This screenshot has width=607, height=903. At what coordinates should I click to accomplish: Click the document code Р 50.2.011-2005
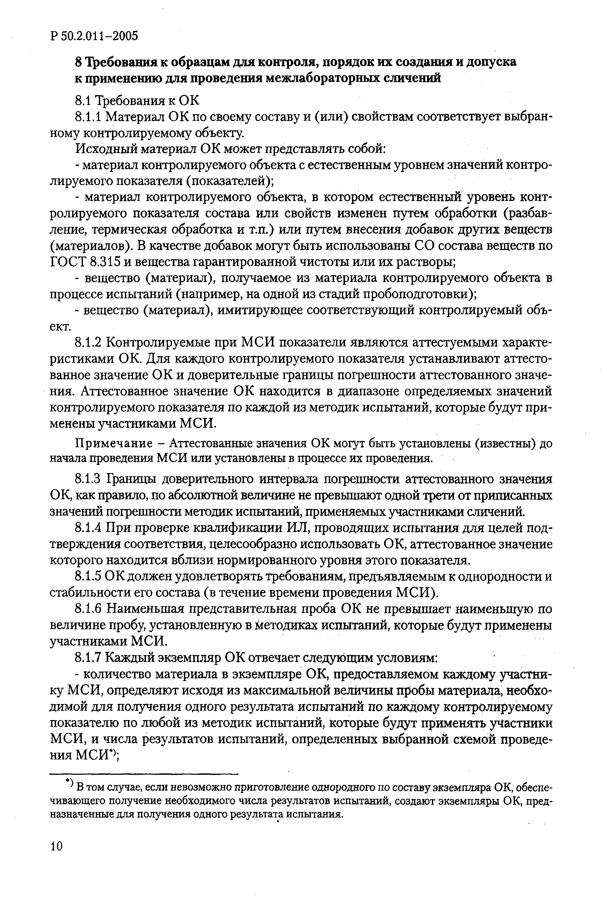pos(94,36)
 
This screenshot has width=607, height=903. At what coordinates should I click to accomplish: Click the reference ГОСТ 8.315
pos(86,262)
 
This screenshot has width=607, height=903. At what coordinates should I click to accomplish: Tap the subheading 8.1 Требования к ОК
pos(137,101)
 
